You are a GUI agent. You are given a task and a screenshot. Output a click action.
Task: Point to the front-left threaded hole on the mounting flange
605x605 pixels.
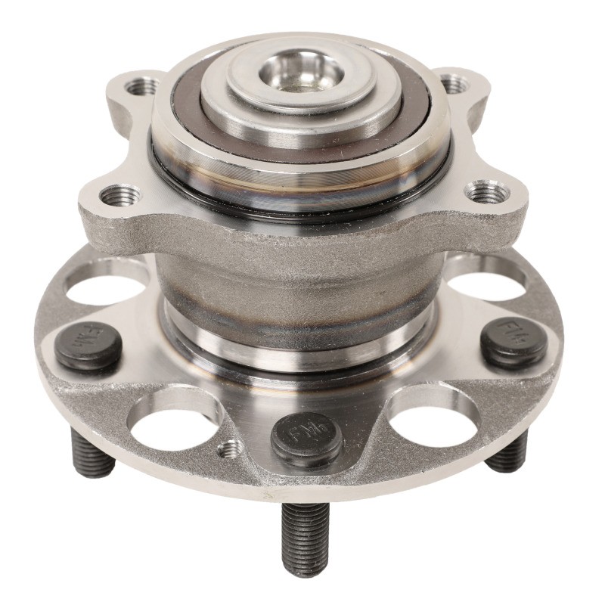(x=120, y=195)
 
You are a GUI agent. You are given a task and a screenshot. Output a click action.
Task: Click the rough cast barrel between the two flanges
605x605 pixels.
(x=302, y=280)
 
